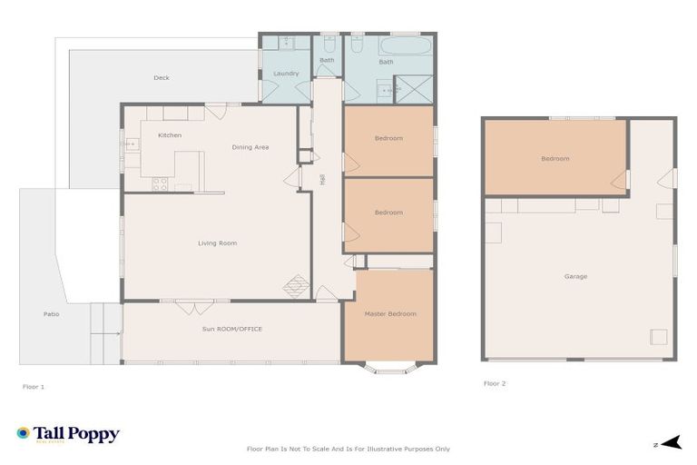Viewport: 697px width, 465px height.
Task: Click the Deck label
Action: tap(162, 78)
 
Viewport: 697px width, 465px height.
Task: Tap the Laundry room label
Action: tap(286, 74)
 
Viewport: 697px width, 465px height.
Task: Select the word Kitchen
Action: tap(170, 135)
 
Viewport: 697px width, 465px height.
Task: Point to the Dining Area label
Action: tap(250, 147)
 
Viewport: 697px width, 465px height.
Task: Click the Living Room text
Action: tap(218, 243)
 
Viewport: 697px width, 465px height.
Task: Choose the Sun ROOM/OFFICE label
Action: tap(232, 329)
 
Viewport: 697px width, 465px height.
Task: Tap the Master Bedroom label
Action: tap(390, 314)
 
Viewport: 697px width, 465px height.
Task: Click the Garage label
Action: tap(575, 276)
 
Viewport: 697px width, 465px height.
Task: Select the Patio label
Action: tap(52, 314)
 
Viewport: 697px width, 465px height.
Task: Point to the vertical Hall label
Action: tap(322, 181)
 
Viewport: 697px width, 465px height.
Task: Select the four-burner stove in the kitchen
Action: tap(160, 183)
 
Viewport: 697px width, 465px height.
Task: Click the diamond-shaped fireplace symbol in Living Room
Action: tap(296, 287)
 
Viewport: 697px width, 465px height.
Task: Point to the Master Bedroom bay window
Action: tap(391, 368)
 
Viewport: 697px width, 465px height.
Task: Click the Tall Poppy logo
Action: tap(68, 434)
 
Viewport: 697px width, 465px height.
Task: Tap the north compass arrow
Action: tap(671, 443)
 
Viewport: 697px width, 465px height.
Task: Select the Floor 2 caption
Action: tap(495, 383)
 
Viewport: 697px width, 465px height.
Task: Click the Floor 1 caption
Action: tap(33, 386)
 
